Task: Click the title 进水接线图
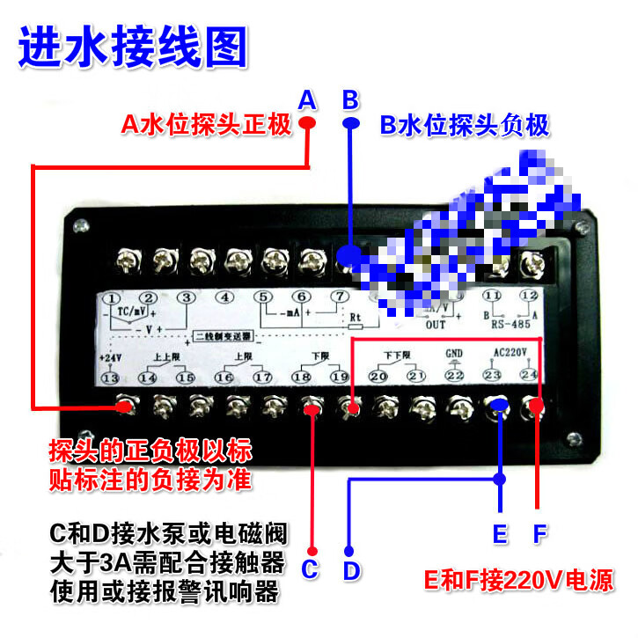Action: [x=133, y=49]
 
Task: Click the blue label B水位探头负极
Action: [x=465, y=126]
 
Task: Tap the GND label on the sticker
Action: [x=454, y=355]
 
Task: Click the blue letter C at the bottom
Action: [x=309, y=569]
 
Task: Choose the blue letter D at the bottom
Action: [x=351, y=570]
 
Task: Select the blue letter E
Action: [x=500, y=534]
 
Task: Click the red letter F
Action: [x=540, y=534]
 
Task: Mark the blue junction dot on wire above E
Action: [x=500, y=480]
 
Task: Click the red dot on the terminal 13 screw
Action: [x=126, y=407]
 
